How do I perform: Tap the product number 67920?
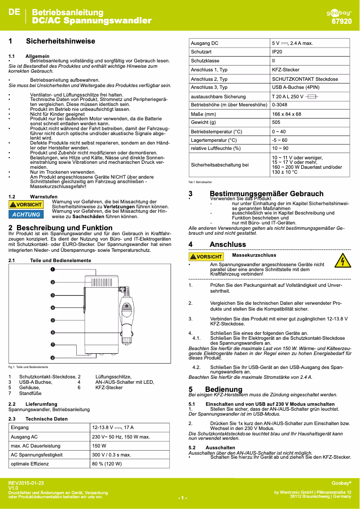tap(341, 21)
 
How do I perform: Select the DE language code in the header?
tap(14, 12)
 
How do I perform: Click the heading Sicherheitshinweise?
tap(61, 41)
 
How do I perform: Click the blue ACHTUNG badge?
tap(26, 214)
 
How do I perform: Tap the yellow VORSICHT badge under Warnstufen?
tap(26, 205)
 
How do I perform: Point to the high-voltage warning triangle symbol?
tap(342, 260)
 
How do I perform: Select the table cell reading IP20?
tap(277, 52)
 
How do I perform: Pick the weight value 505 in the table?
tap(276, 122)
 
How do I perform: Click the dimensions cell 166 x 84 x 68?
tap(286, 114)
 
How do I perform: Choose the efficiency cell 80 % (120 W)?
tap(108, 464)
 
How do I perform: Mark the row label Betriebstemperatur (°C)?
tap(216, 132)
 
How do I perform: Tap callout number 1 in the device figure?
tap(53, 270)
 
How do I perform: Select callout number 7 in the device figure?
tap(53, 345)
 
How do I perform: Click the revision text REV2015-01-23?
tap(26, 483)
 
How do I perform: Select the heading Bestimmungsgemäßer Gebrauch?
tap(267, 194)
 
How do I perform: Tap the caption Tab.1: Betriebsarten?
tap(200, 182)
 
